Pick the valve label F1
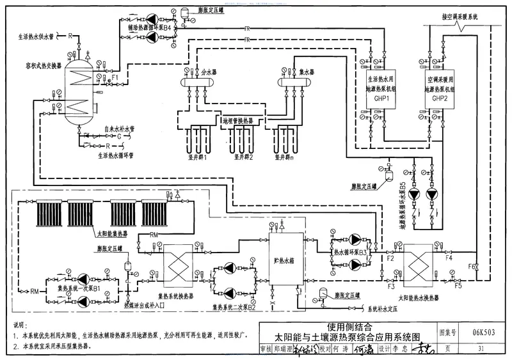(x=115, y=78)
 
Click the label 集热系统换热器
(x=178, y=296)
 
